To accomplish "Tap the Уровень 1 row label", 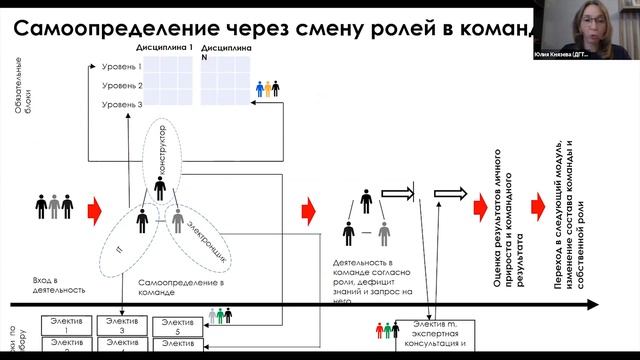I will (x=121, y=67).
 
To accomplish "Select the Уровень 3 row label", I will (x=121, y=104).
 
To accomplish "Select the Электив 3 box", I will (x=122, y=326).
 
